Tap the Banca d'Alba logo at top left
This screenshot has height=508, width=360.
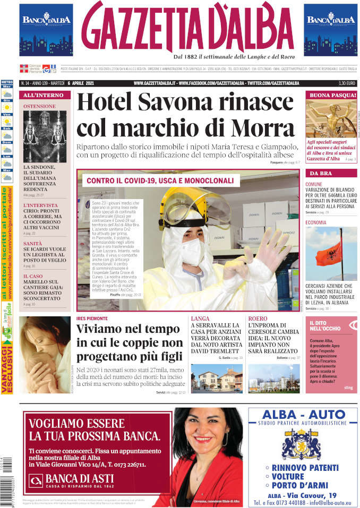coord(46,29)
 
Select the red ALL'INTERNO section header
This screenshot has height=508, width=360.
coord(45,96)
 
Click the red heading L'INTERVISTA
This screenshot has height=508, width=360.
coord(41,205)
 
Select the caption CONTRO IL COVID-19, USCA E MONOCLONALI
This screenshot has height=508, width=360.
coord(160,180)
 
